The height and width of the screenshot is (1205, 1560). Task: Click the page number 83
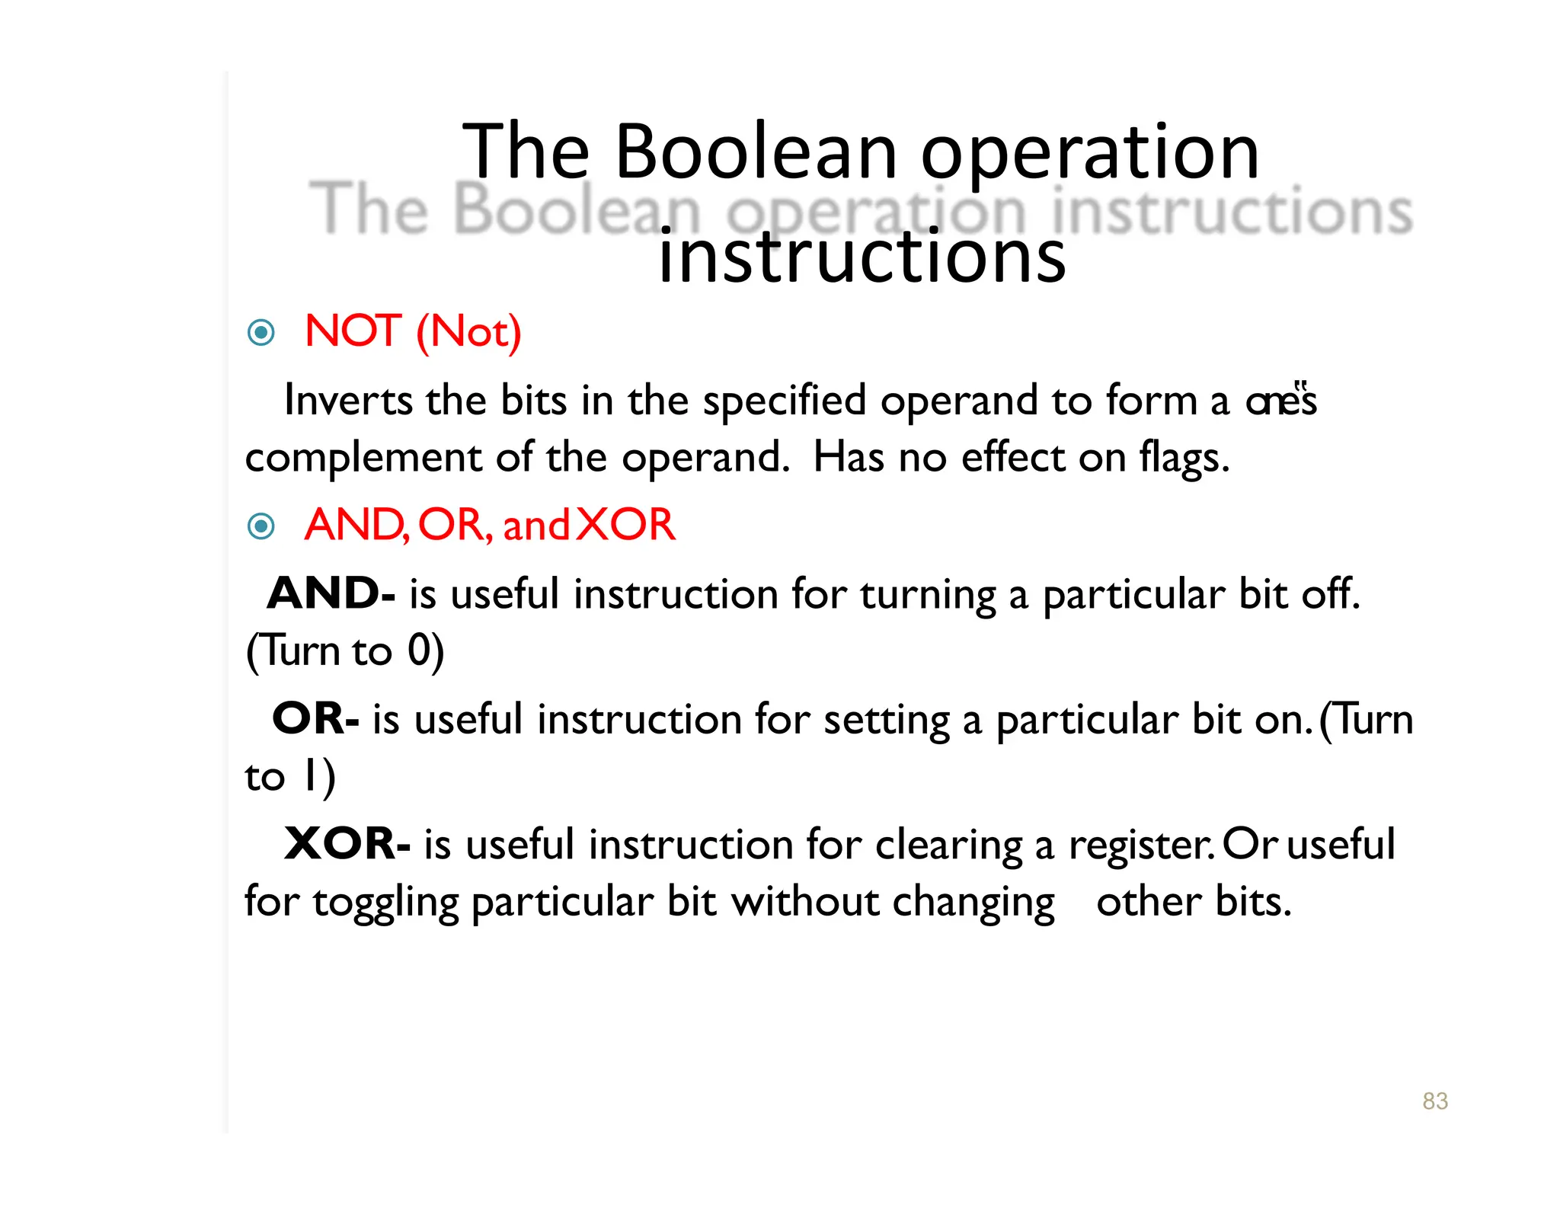[1434, 1101]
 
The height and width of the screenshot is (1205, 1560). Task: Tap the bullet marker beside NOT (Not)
[261, 332]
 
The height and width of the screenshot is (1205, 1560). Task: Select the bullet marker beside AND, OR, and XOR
[261, 526]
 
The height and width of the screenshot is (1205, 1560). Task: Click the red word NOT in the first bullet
[353, 331]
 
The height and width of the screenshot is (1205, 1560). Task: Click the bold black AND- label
[331, 593]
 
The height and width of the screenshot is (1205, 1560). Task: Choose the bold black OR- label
[315, 718]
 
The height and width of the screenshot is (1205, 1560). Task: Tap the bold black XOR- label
[347, 844]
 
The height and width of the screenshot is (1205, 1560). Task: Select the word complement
[363, 458]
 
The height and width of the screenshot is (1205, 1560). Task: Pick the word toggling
[385, 903]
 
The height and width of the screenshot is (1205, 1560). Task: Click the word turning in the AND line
[928, 595]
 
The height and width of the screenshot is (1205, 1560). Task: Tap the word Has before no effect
[849, 458]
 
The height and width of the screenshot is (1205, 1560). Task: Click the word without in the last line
[805, 902]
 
